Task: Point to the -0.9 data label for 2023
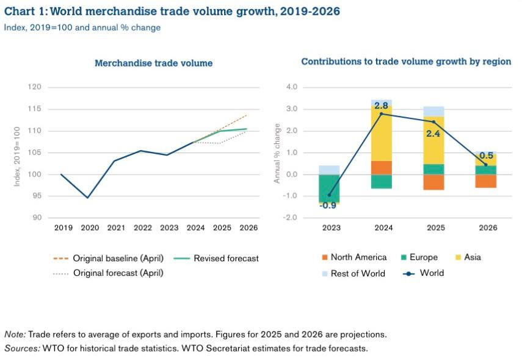tap(329, 206)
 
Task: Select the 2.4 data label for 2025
tap(433, 133)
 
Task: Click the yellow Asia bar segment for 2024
tap(382, 135)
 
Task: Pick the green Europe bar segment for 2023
tap(330, 188)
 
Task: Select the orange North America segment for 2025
tap(434, 182)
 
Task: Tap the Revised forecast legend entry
tap(225, 258)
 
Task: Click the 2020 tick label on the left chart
tap(90, 228)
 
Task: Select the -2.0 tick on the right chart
tap(291, 218)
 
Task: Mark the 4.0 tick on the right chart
tap(292, 87)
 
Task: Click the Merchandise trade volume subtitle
tap(153, 63)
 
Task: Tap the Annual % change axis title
tap(277, 153)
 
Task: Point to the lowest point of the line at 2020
tap(88, 198)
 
